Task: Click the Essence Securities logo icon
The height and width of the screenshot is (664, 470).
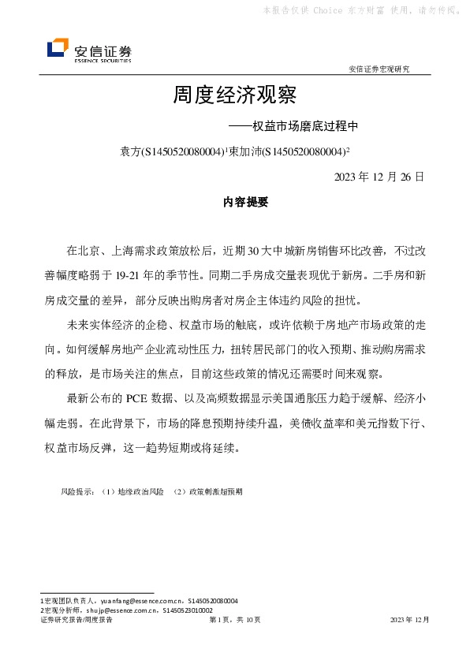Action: pos(58,49)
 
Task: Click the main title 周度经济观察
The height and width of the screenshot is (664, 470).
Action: pos(234,96)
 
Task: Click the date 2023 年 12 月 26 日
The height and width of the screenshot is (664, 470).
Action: pos(379,176)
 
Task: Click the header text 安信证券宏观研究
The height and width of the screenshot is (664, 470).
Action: pos(379,69)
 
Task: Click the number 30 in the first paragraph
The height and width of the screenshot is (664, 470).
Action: pos(254,252)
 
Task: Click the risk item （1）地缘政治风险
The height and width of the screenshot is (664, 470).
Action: pos(133,491)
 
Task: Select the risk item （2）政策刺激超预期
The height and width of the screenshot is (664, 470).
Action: pos(208,491)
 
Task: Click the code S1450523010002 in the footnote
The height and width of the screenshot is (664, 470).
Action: pos(187,610)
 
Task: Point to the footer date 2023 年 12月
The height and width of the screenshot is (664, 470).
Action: pos(409,621)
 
